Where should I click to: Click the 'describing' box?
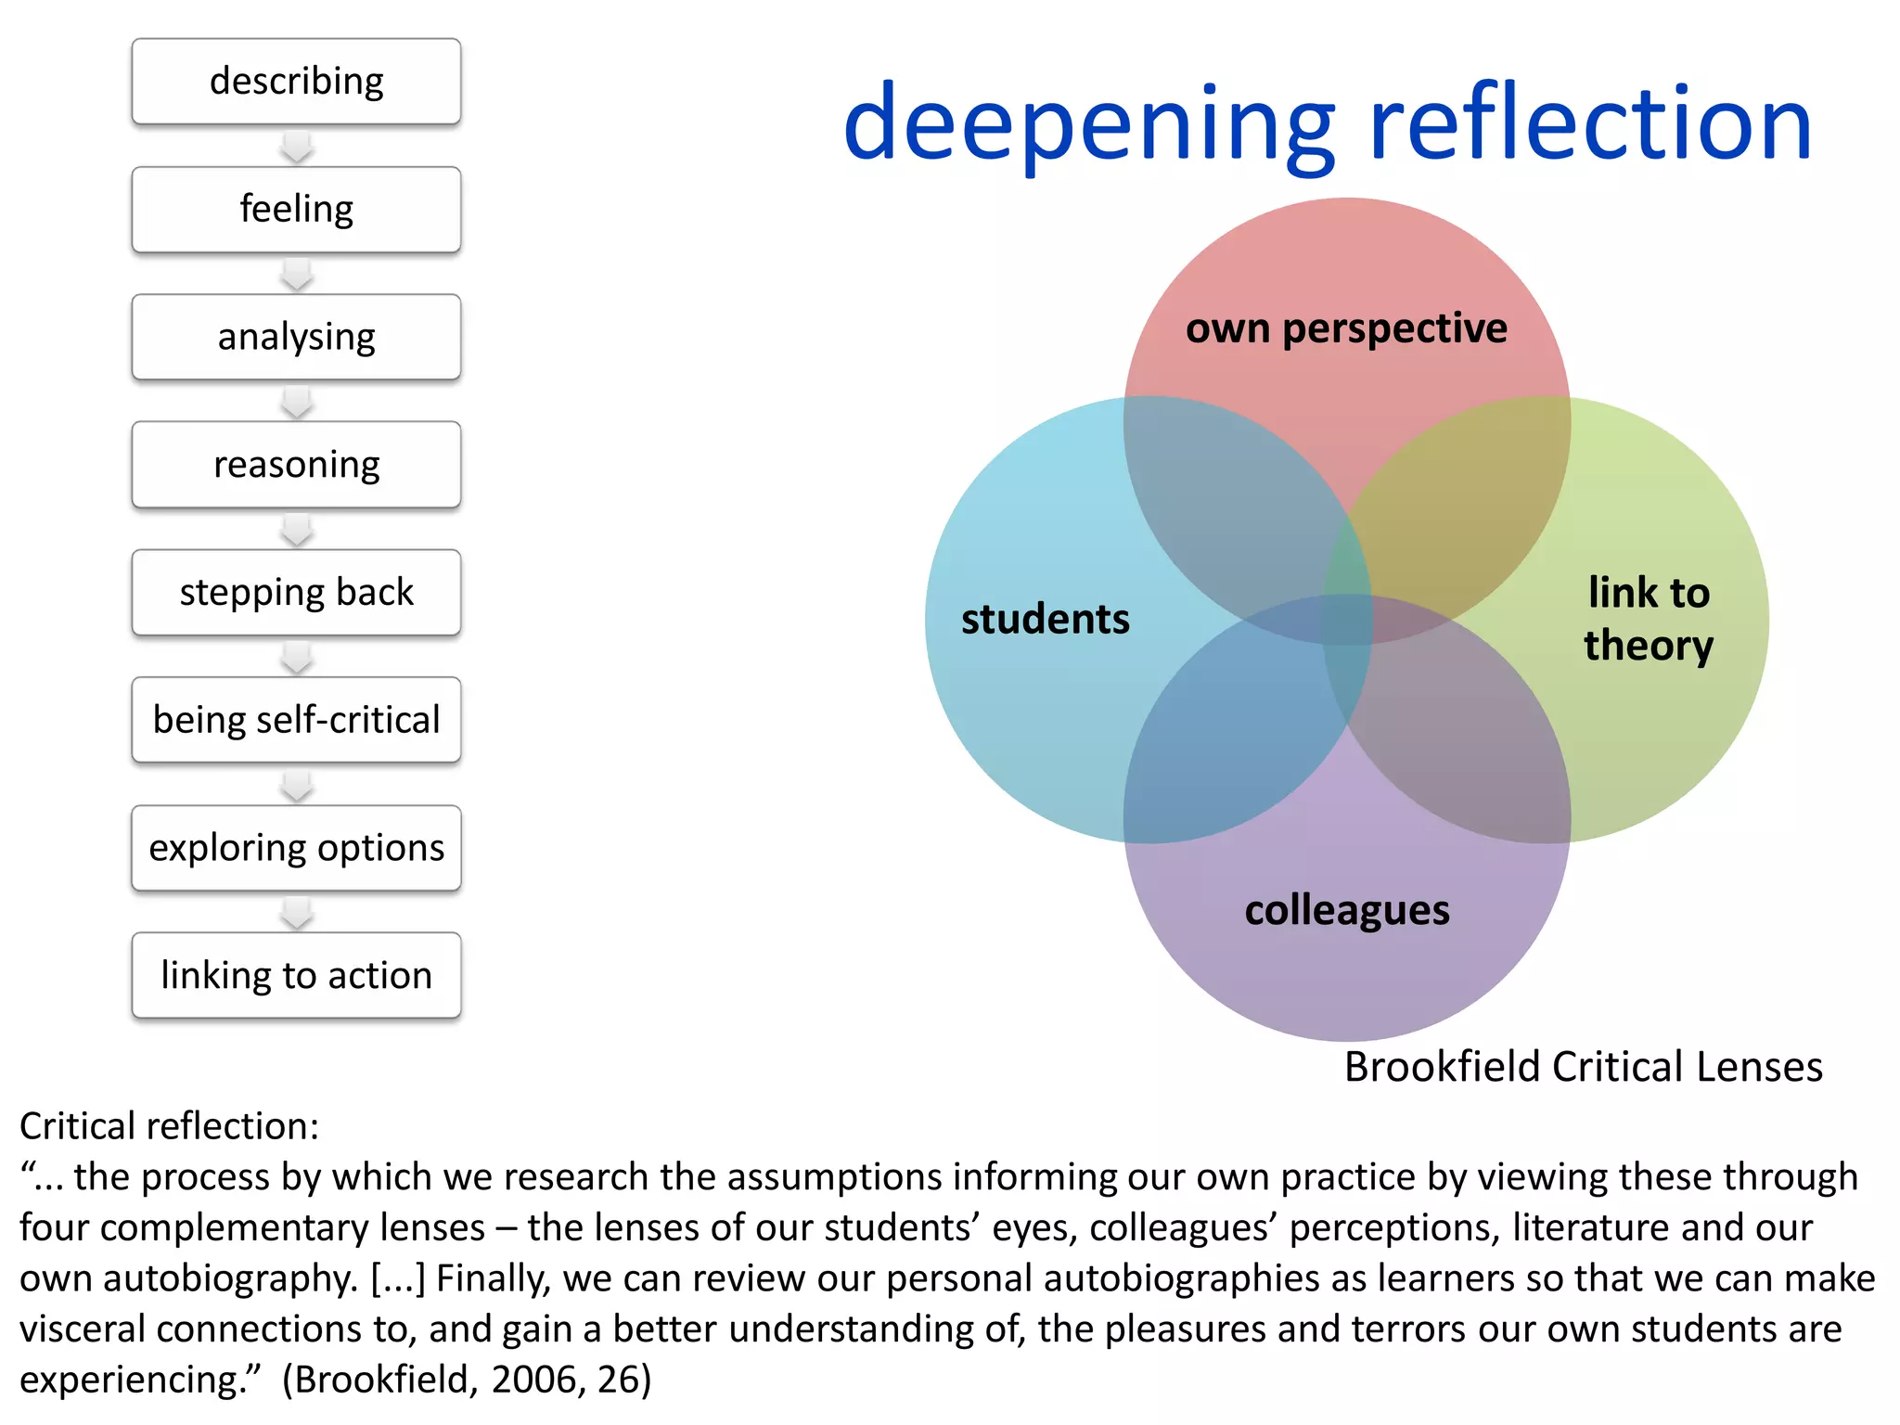[x=296, y=82]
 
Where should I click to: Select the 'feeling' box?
[x=296, y=210]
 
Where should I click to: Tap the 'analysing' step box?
[x=296, y=337]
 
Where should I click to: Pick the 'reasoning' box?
[x=296, y=465]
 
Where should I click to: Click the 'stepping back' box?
[x=296, y=592]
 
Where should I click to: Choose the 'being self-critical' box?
[x=296, y=720]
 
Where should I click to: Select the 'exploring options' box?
[x=296, y=848]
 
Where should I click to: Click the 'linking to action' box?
[x=296, y=975]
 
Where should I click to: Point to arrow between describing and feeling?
[x=297, y=147]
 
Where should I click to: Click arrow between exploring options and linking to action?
[x=297, y=913]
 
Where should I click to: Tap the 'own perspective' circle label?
[x=1346, y=328]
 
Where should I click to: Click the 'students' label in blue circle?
[x=1045, y=619]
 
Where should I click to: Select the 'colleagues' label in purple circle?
[x=1346, y=910]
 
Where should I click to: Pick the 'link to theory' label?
[x=1648, y=619]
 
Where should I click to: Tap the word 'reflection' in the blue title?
[x=1590, y=123]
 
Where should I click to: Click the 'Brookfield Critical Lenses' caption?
[x=1583, y=1067]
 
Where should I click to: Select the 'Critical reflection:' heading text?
[x=169, y=1126]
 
